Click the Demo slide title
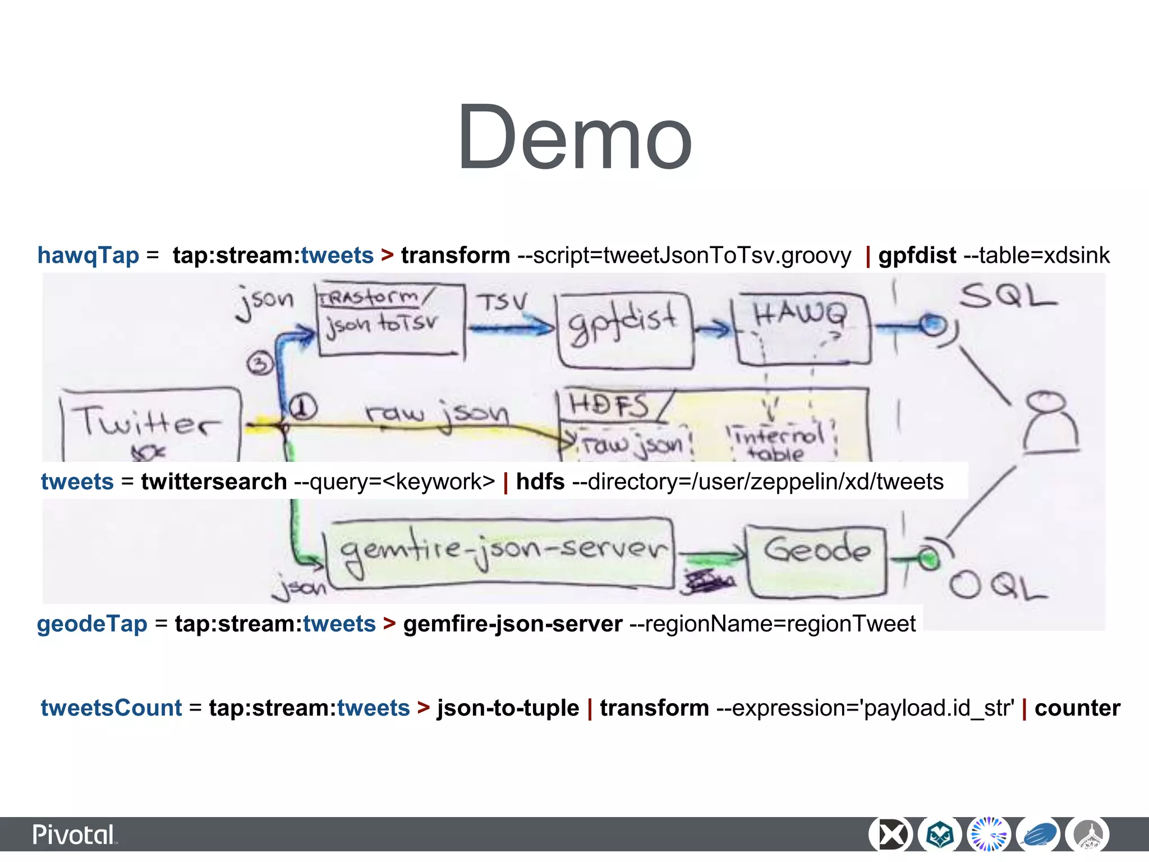click(574, 137)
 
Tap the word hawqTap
click(88, 255)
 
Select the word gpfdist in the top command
click(917, 255)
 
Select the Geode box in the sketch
click(817, 559)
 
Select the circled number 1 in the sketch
click(303, 407)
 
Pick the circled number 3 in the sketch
click(259, 363)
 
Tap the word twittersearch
click(214, 482)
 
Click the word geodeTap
click(92, 624)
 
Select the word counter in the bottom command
click(1077, 708)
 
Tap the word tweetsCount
click(111, 708)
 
